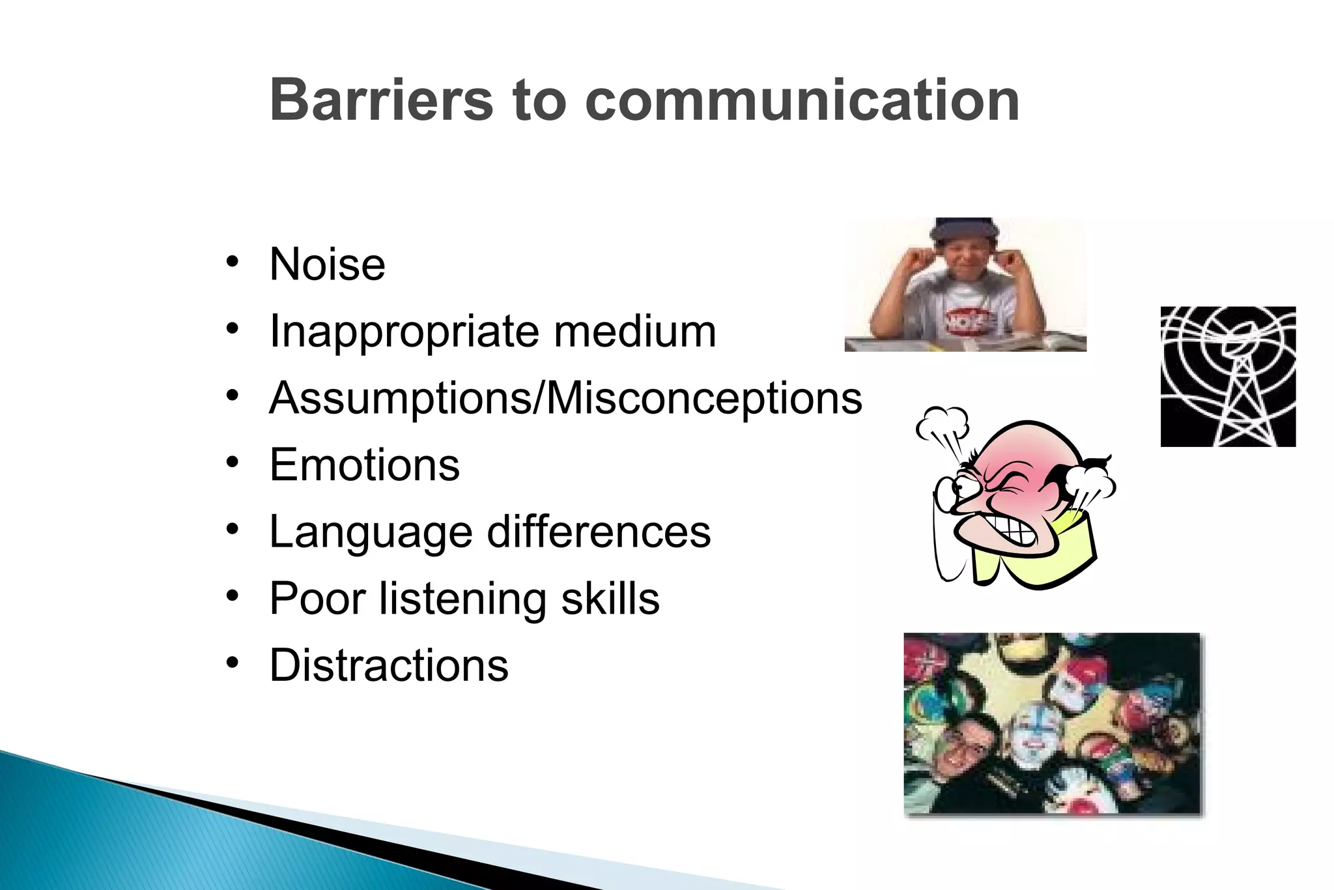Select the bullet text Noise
click(327, 265)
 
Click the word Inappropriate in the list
click(404, 332)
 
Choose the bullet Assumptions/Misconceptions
click(565, 398)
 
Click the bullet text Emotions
click(365, 465)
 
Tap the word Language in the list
click(371, 533)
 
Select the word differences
click(599, 532)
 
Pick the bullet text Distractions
click(389, 666)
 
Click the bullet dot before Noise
click(233, 263)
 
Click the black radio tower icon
click(1228, 377)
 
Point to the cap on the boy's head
click(964, 228)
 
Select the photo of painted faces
click(1052, 723)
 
